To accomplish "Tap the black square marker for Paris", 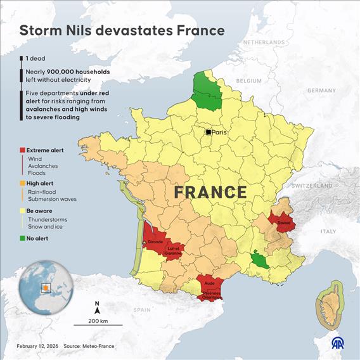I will [x=208, y=132].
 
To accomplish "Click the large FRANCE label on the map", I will [x=210, y=191].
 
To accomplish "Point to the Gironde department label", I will [x=155, y=242].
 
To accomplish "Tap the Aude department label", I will [x=210, y=283].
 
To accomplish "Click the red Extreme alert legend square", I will [x=22, y=150].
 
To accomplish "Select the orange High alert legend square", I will [x=22, y=183].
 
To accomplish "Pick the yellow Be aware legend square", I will [x=22, y=210].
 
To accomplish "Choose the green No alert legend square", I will [x=22, y=238].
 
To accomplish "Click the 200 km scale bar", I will [x=98, y=324].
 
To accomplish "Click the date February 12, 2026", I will [x=37, y=345].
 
